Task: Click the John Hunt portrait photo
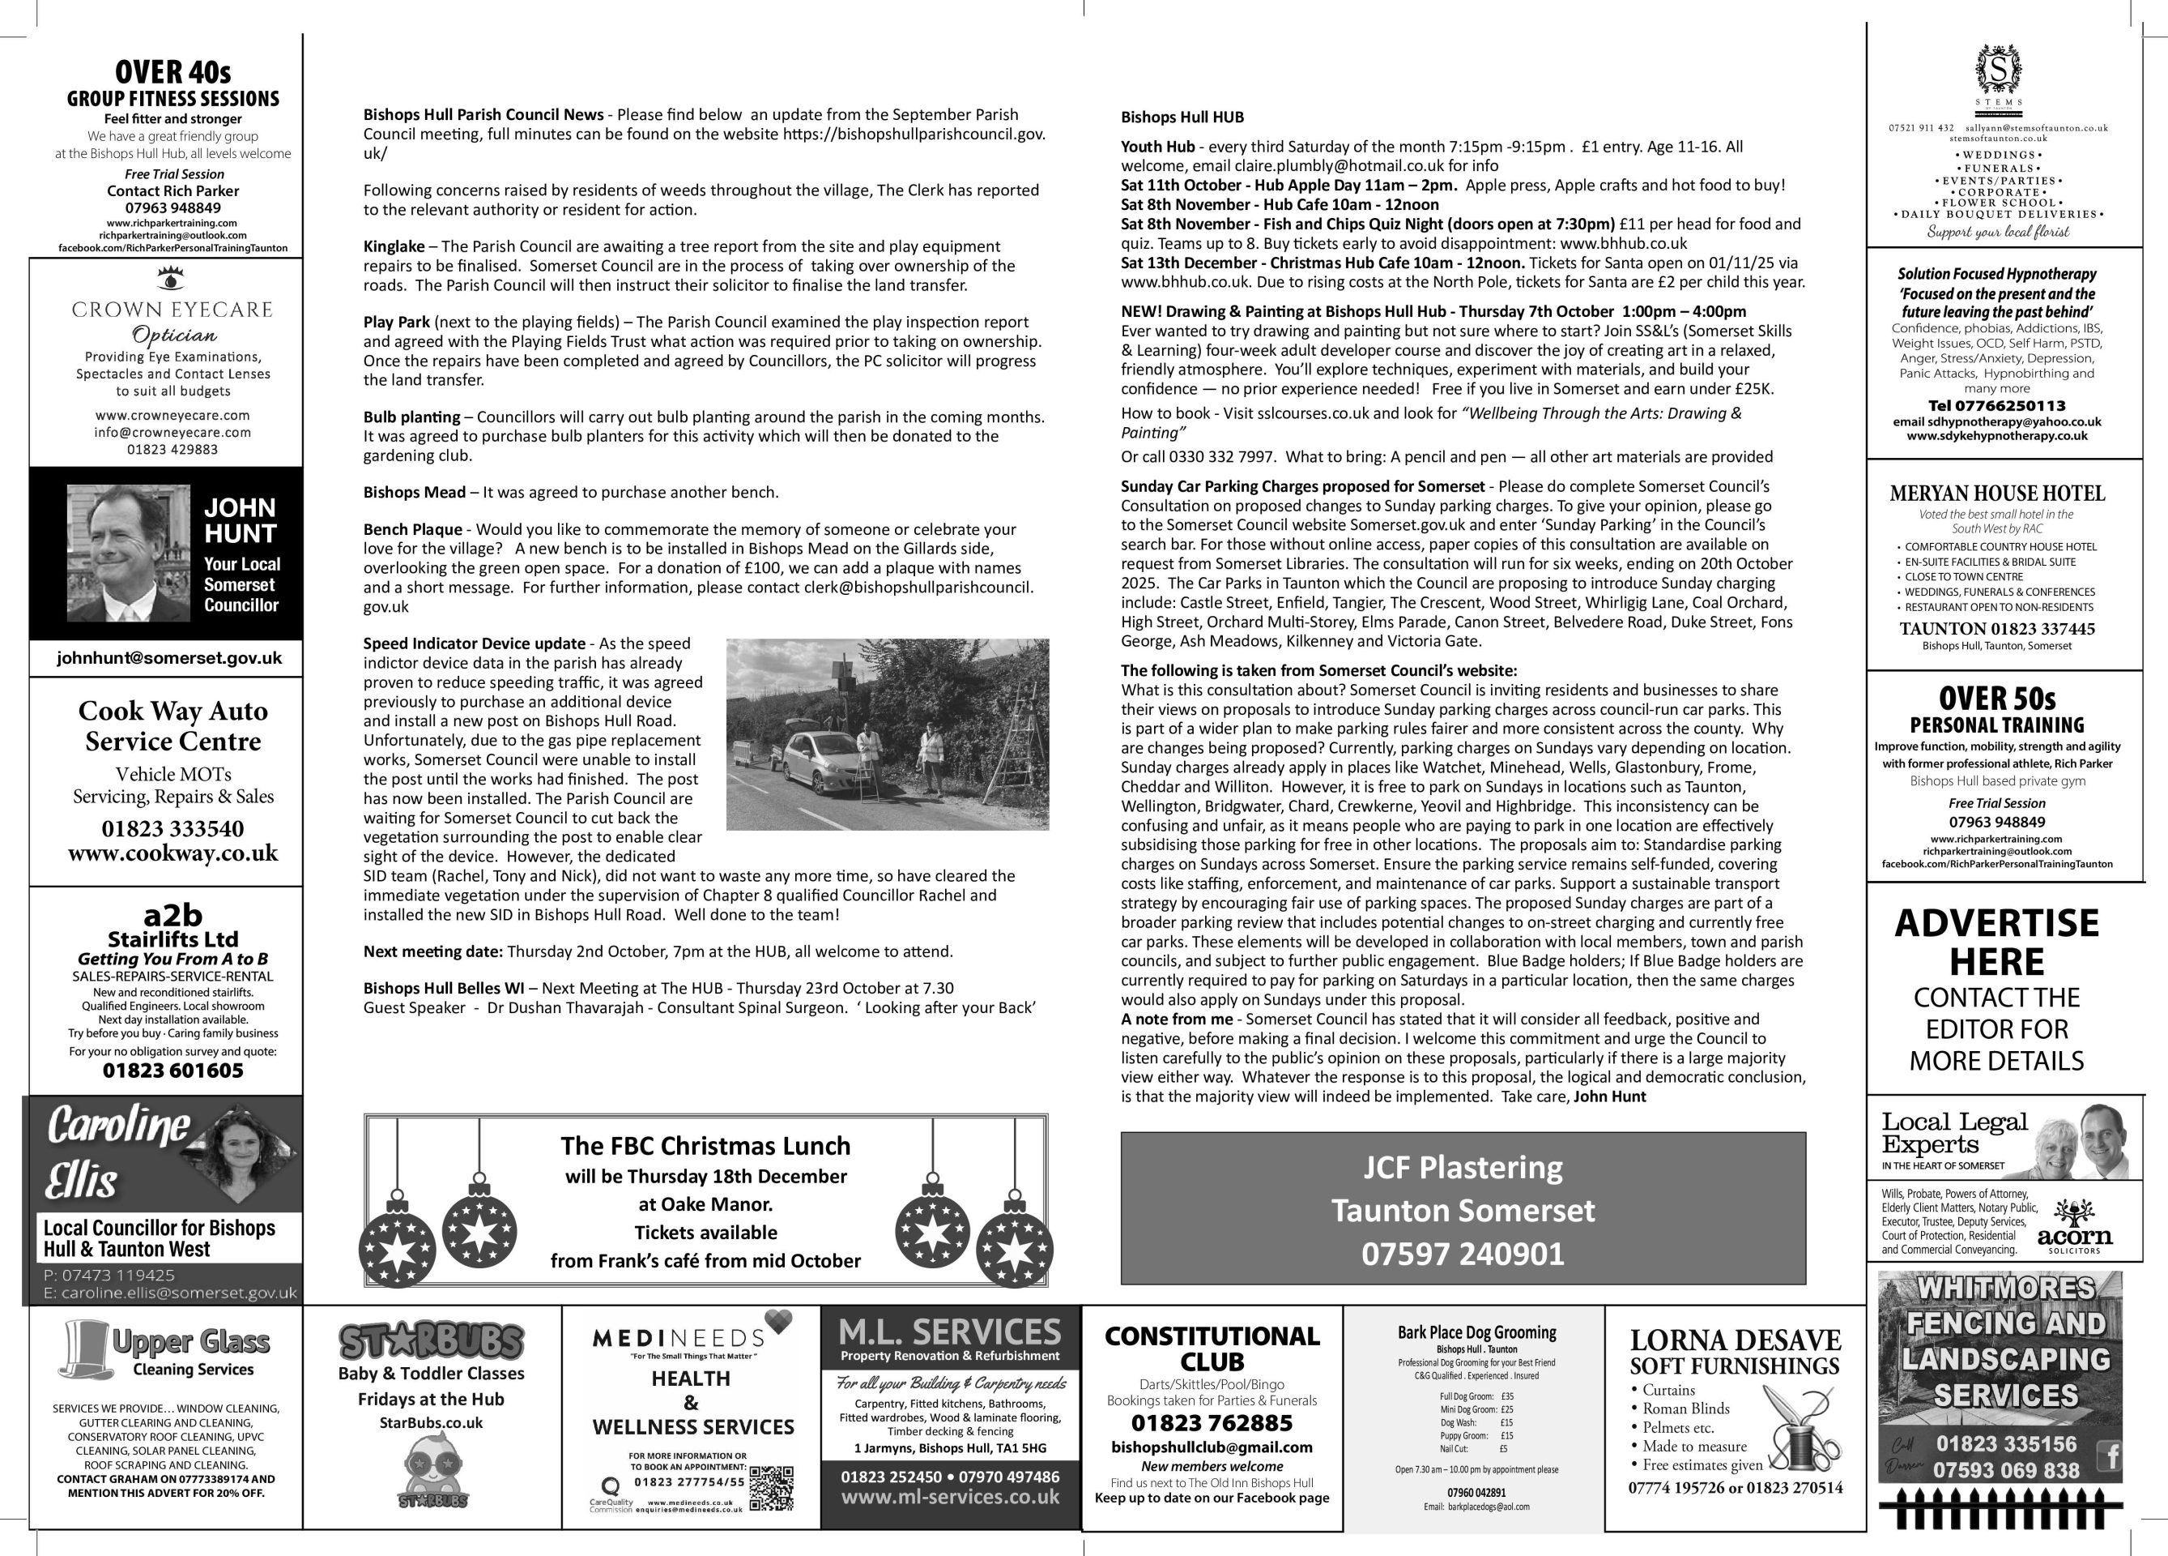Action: coord(127,553)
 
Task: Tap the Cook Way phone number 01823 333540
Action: coord(173,828)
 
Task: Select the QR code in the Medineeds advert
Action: coord(773,1488)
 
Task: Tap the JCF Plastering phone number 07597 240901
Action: coord(1463,1254)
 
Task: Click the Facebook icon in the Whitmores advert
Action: coord(2108,1456)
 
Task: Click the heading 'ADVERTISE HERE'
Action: coord(1997,942)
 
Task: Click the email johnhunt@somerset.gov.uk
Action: coord(169,658)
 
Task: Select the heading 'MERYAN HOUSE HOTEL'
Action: coord(1997,494)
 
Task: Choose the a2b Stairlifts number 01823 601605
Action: coord(173,1071)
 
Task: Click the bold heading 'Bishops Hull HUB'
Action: coord(1182,118)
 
